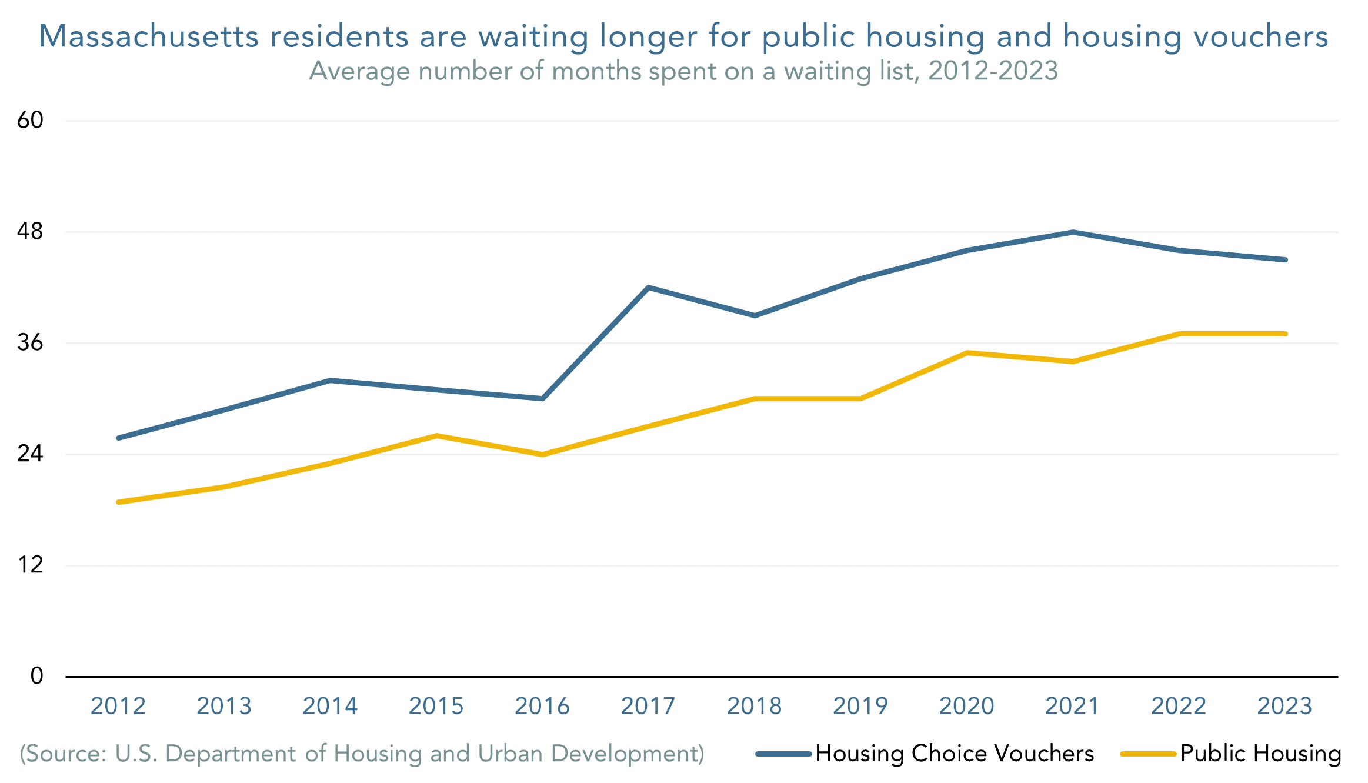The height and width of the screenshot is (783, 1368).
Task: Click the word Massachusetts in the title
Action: click(149, 36)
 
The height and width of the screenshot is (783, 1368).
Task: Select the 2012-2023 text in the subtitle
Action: click(993, 71)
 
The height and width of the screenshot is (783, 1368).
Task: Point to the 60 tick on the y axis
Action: click(30, 120)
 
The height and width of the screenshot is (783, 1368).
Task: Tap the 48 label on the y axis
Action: click(30, 231)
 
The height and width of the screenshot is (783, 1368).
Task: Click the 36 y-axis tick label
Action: click(30, 342)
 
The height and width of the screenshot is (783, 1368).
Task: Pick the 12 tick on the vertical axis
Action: click(30, 565)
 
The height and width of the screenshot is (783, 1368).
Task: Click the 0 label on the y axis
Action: click(36, 676)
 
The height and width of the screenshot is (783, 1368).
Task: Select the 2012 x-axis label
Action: click(118, 706)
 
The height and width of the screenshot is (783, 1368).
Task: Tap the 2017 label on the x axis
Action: click(648, 706)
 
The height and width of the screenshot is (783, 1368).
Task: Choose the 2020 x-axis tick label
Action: click(966, 706)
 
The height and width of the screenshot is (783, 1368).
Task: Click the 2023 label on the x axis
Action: click(1284, 706)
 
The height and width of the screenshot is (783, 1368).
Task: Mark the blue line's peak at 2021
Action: click(1073, 232)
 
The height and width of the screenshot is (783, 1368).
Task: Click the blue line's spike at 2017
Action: click(648, 288)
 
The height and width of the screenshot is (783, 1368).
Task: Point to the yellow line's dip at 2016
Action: click(542, 454)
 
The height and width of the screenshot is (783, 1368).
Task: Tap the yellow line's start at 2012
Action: click(119, 502)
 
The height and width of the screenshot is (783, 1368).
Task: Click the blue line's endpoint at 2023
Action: click(1285, 259)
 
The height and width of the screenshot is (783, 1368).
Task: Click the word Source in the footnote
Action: click(64, 754)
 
